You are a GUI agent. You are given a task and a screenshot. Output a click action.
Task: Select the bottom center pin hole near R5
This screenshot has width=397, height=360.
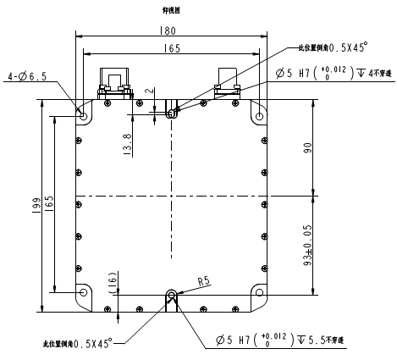(x=171, y=296)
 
